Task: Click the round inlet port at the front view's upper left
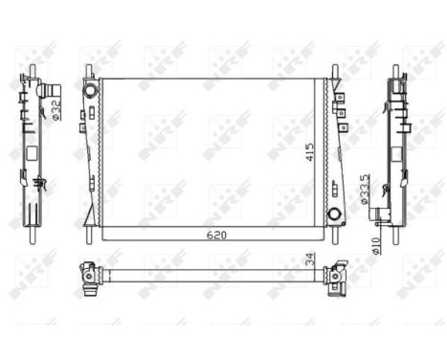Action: point(91,89)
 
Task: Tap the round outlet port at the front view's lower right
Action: point(335,214)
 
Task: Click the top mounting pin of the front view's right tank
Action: point(335,71)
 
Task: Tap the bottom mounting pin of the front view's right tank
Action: point(335,233)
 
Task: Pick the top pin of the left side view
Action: point(32,71)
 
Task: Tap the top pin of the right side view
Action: point(395,71)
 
